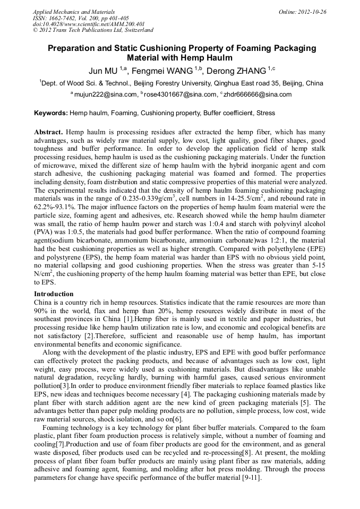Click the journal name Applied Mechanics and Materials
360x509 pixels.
tap(73, 12)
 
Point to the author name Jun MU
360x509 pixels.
tap(102, 70)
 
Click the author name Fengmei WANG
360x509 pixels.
tap(162, 70)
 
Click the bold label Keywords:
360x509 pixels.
tap(51, 113)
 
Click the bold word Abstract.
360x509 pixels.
tap(49, 131)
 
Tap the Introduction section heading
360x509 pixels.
tap(54, 294)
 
